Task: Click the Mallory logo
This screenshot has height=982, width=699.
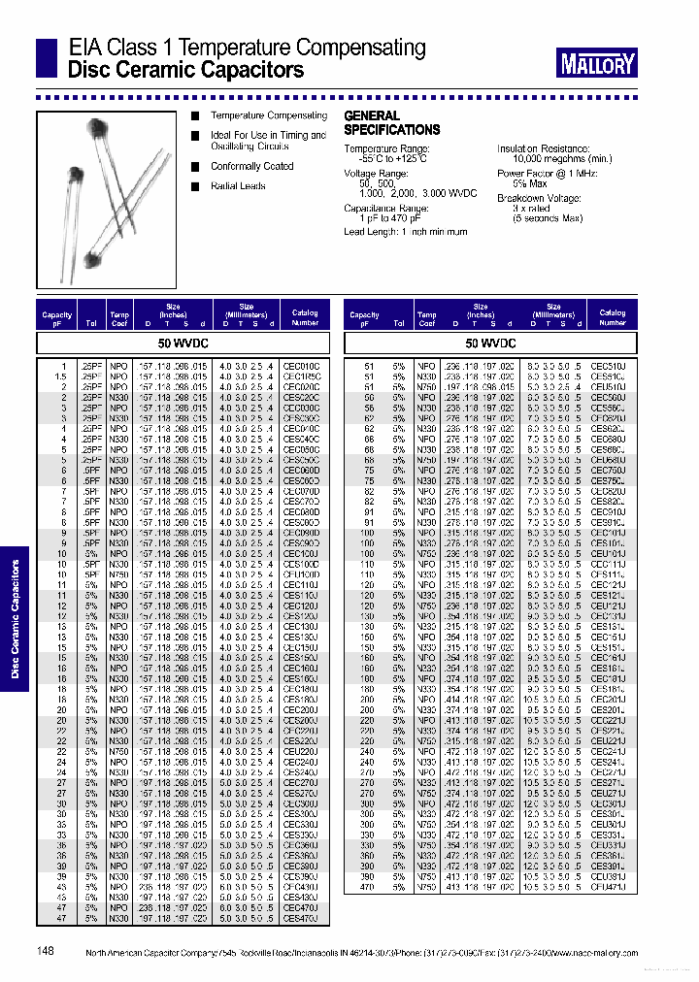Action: pos(597,64)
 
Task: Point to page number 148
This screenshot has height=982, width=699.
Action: pos(46,952)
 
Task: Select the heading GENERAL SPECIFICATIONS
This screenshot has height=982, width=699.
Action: pos(392,122)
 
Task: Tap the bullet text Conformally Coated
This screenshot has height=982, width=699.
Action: pos(251,166)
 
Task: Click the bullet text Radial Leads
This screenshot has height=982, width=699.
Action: pos(238,185)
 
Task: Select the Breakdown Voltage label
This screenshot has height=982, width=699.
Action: pos(540,197)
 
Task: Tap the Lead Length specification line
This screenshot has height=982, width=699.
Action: pos(406,232)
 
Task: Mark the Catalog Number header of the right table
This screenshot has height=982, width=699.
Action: pos(612,318)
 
